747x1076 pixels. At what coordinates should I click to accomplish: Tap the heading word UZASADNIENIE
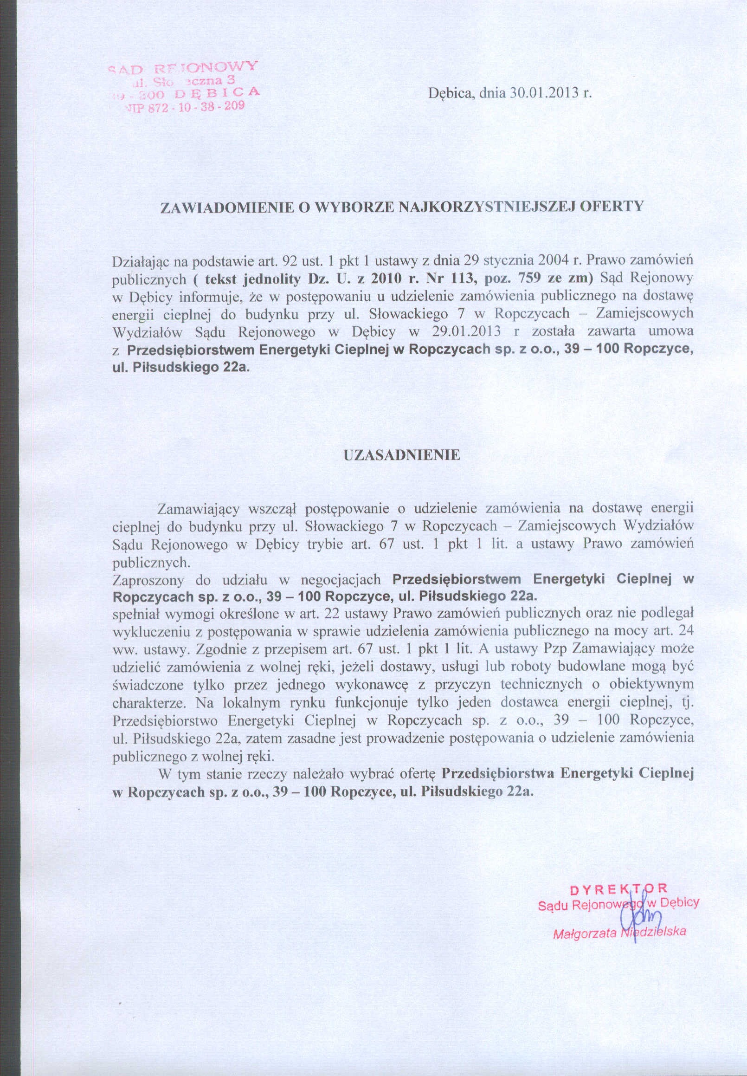click(x=402, y=455)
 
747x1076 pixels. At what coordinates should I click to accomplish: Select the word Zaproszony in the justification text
click(x=148, y=581)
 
